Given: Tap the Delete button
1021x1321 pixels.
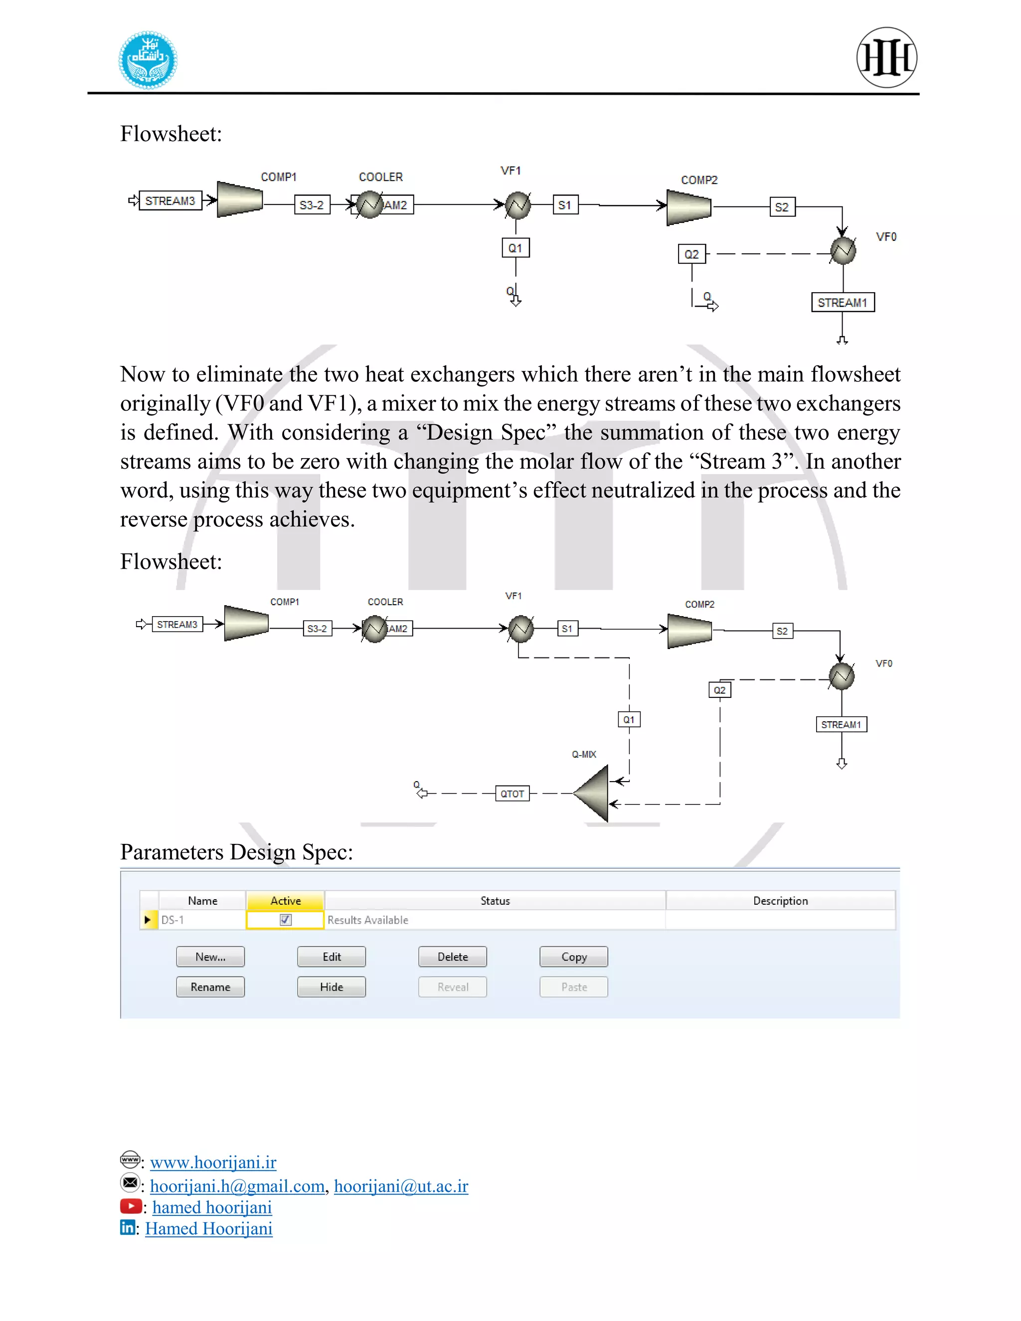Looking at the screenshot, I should (453, 957).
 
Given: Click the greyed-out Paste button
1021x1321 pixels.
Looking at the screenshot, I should (573, 987).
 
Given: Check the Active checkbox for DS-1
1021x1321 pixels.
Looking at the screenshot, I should (286, 920).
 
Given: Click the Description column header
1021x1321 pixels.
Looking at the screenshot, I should (780, 901).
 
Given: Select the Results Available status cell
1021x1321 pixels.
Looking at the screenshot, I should (368, 920).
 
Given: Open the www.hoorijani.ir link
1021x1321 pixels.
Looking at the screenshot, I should (213, 1162).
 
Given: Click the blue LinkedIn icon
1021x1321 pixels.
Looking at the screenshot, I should (128, 1227).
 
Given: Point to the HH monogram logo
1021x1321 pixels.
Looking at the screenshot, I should (887, 57).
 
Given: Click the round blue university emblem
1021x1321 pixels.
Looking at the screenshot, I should (148, 60).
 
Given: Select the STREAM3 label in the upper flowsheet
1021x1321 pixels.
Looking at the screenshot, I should (170, 201).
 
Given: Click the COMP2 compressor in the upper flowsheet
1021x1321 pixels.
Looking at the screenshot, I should (689, 207).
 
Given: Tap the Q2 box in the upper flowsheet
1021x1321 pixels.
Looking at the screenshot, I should (691, 254).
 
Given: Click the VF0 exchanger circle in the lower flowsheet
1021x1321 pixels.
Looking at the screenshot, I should (842, 676).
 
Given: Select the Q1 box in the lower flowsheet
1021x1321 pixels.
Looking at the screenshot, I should (629, 719).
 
